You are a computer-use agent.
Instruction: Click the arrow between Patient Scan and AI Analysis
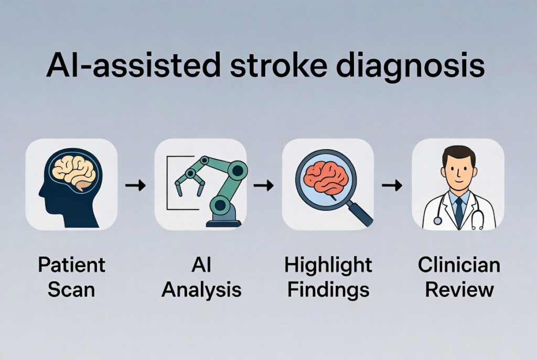click(136, 185)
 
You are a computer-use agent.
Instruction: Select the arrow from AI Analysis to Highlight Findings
click(263, 185)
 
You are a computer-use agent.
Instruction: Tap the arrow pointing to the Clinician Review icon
click(392, 185)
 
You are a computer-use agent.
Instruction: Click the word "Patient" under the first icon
click(71, 265)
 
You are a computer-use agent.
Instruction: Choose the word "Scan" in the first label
click(71, 289)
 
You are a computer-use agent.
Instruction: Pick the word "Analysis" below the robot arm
click(201, 289)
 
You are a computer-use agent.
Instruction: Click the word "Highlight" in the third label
click(328, 265)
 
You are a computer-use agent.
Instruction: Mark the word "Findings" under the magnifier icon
click(328, 289)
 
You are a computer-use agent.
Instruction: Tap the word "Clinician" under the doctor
click(459, 265)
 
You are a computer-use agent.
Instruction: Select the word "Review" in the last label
click(459, 289)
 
